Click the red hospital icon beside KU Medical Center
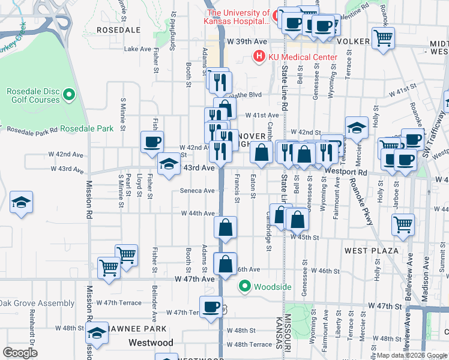click(x=259, y=57)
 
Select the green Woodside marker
click(x=245, y=287)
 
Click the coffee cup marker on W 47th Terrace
click(x=211, y=307)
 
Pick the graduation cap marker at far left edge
click(x=22, y=202)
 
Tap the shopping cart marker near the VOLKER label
click(x=383, y=38)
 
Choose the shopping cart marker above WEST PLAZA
click(x=403, y=224)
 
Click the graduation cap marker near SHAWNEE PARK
click(x=97, y=333)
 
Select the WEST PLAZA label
click(x=372, y=250)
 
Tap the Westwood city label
click(x=151, y=343)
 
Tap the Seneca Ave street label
click(x=197, y=191)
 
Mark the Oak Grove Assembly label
click(x=37, y=303)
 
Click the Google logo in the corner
click(x=20, y=353)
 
